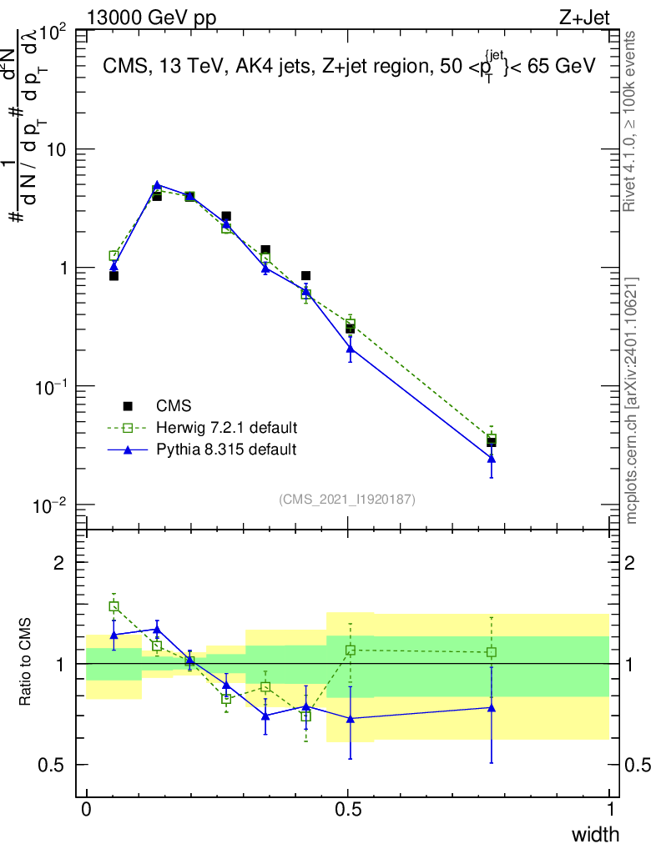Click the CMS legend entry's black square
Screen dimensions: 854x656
click(128, 406)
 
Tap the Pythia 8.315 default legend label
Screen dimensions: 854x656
click(226, 450)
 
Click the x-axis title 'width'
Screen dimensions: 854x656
click(595, 834)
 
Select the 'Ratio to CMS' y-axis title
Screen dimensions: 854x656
click(27, 663)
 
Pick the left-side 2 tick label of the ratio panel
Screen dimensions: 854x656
click(58, 563)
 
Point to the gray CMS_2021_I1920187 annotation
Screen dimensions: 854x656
click(347, 500)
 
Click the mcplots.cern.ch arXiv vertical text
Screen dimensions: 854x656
click(633, 400)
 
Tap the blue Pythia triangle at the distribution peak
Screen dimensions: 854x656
click(157, 186)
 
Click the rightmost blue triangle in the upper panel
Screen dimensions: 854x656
click(492, 458)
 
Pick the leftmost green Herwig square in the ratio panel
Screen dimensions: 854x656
click(114, 606)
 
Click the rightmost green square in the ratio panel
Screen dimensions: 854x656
click(492, 652)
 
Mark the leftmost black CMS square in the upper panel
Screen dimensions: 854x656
click(114, 275)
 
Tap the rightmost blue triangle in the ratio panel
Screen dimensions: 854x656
click(492, 707)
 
